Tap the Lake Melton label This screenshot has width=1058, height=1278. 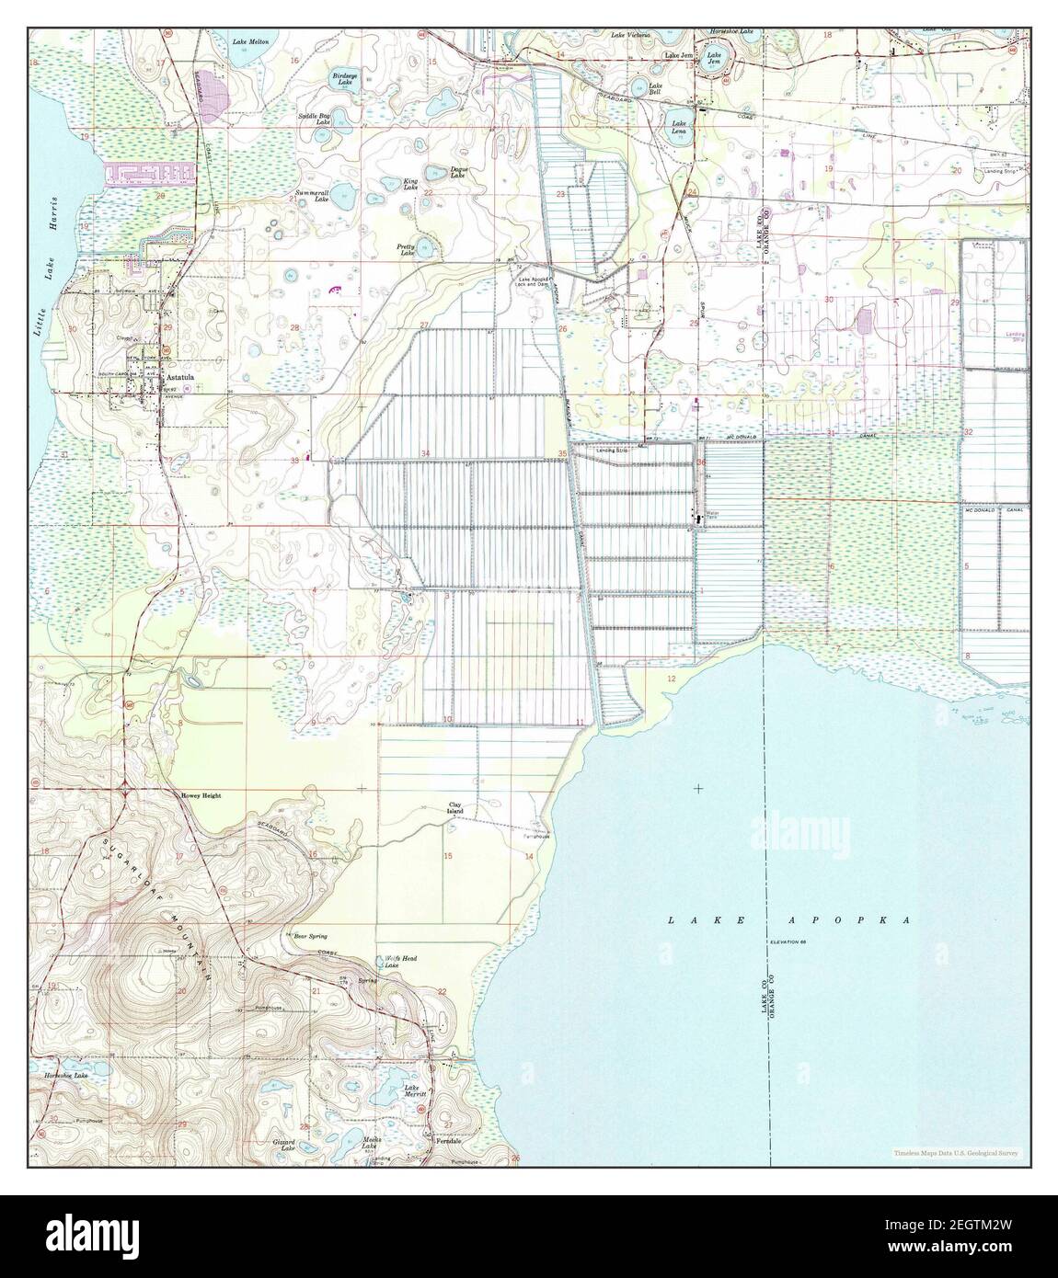pos(250,42)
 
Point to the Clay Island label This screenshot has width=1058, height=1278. pos(455,808)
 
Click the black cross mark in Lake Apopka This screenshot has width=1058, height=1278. pos(698,789)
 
